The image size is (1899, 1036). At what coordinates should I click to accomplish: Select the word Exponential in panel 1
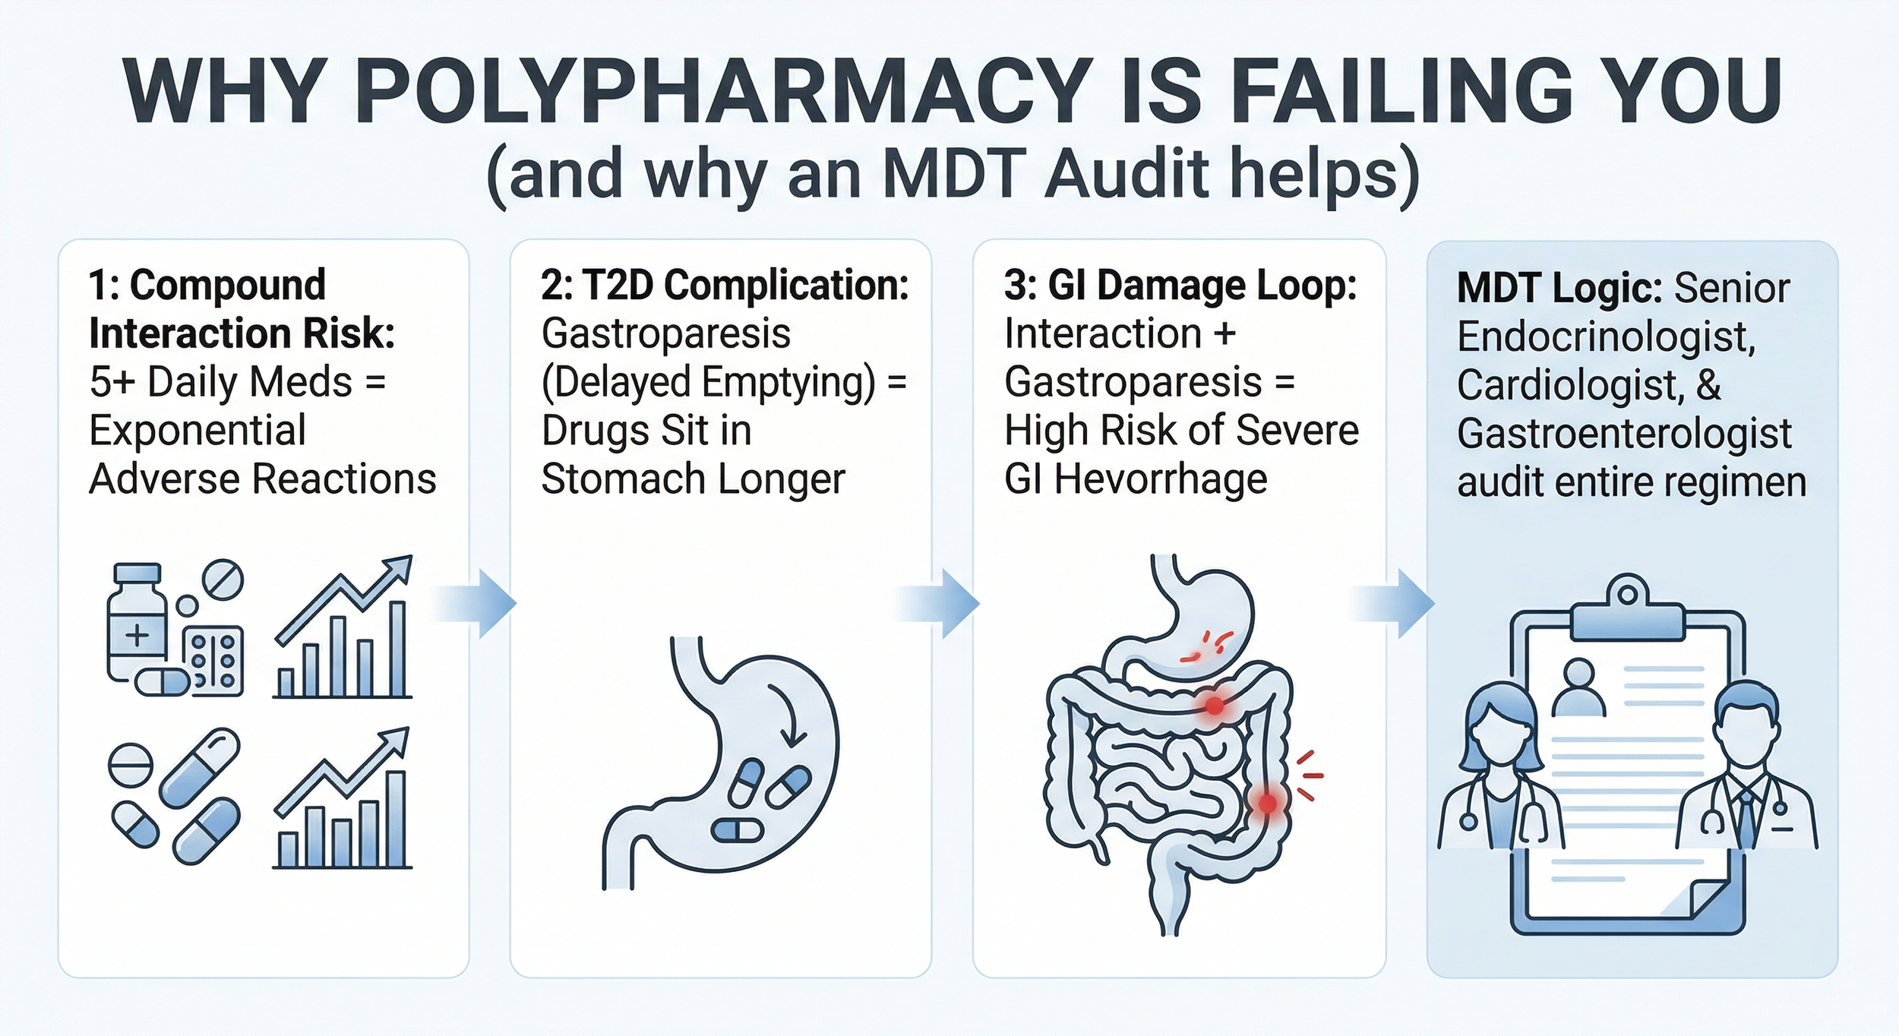(197, 431)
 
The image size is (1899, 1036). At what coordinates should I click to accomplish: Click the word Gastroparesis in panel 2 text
(665, 333)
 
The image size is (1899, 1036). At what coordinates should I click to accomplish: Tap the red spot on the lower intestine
(1267, 802)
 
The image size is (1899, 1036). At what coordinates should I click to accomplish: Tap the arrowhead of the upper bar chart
(400, 568)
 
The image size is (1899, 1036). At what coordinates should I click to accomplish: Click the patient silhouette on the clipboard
(1578, 687)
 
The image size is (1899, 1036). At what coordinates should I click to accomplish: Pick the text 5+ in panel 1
(113, 382)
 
